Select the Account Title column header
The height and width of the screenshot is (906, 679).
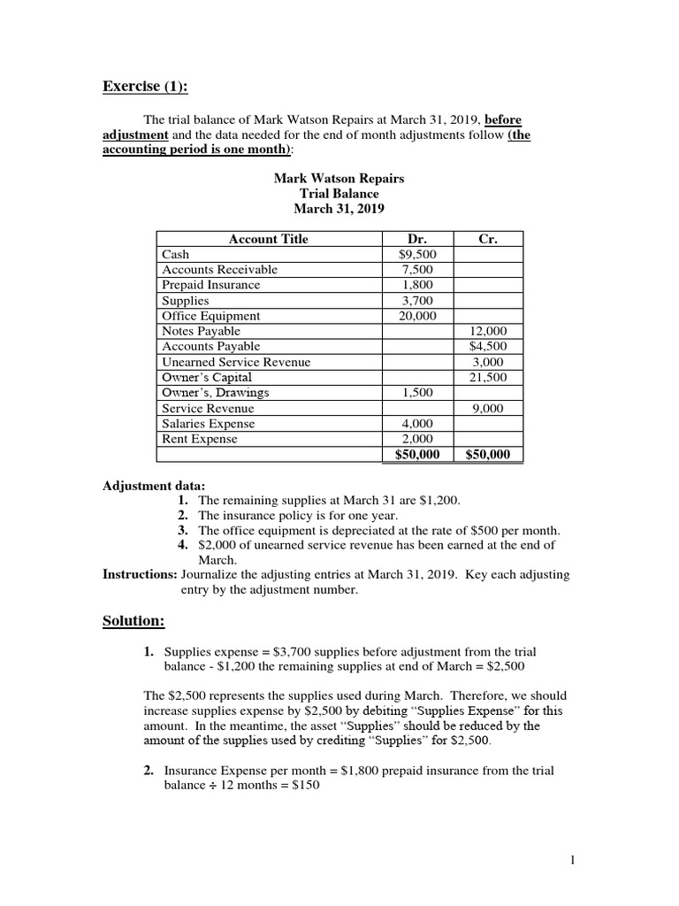coord(269,239)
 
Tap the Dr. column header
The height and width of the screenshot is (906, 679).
coord(416,239)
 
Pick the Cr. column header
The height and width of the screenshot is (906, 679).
coord(487,239)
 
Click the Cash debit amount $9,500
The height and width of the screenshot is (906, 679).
coord(416,254)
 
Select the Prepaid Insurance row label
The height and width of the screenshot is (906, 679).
coord(211,285)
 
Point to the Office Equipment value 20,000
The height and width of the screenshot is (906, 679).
coord(416,316)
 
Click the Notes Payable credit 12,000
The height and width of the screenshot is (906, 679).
coord(487,331)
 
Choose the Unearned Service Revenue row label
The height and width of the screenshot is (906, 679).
coord(236,362)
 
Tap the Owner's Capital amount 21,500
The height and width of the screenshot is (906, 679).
coord(487,378)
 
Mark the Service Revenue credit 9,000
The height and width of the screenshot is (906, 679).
coord(487,409)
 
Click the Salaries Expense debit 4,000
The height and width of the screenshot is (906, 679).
coord(416,424)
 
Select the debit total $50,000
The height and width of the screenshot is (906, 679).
coord(416,455)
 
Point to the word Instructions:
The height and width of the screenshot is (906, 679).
coord(140,574)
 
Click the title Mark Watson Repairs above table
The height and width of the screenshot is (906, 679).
coord(339,178)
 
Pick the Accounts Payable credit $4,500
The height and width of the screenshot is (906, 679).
coord(487,347)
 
